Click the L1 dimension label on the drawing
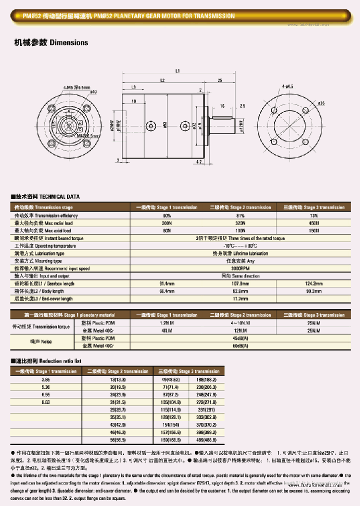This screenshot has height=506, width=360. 177,70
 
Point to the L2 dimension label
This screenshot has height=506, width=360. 162,80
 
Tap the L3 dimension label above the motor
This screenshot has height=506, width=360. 133,87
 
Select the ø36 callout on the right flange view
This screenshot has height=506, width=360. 321,103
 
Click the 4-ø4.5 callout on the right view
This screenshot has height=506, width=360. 287,86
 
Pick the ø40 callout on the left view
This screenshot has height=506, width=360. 93,91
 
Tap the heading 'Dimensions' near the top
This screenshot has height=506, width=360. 69,42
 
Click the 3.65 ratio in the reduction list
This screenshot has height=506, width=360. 45,379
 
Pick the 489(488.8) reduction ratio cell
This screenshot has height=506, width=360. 207,440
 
